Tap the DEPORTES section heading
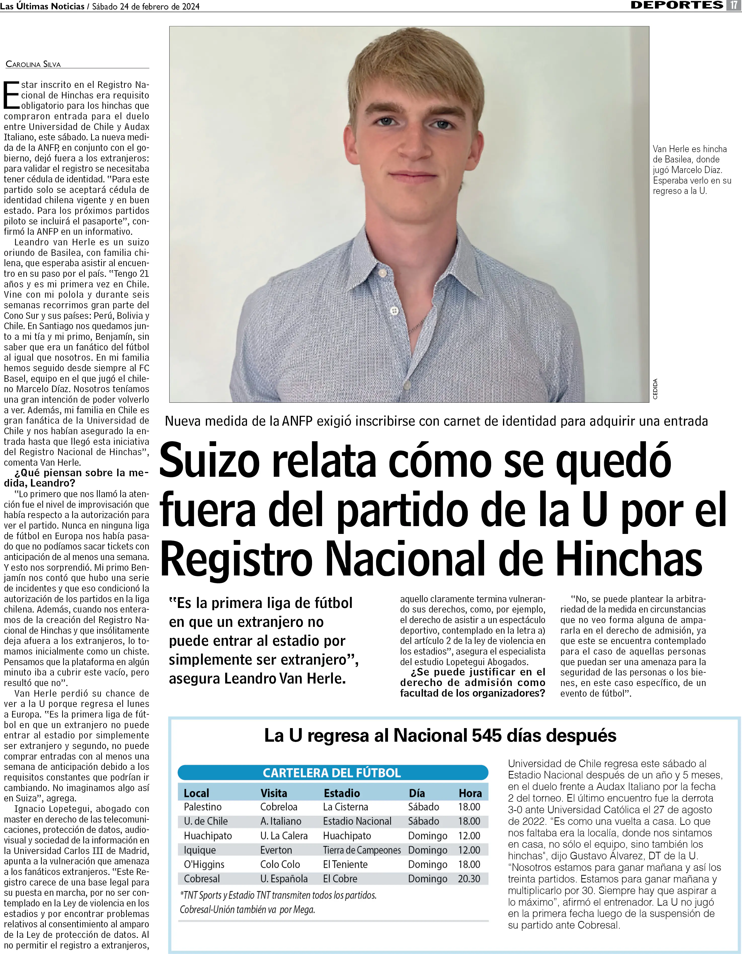point(677,5)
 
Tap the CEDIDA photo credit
point(655,389)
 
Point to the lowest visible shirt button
point(394,311)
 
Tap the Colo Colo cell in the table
point(280,864)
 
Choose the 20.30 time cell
point(469,879)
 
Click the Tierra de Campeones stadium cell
point(361,850)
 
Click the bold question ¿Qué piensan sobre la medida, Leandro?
point(76,478)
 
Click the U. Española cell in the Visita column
point(284,879)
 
